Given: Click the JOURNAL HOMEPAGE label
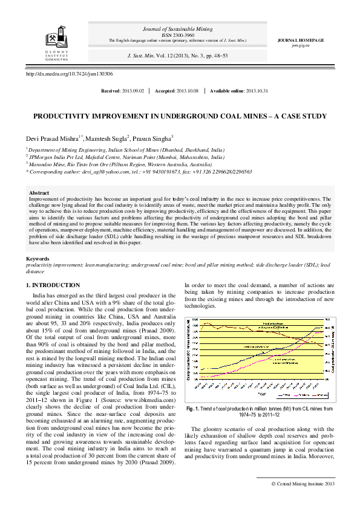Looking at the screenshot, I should pos(300,40).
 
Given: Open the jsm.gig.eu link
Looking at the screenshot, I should pos(300,45).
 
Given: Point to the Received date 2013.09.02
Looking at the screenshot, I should pos(133,91).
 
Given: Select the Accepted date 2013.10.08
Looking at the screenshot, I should pos(187,91).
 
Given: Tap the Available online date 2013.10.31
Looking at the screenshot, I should pos(257,91).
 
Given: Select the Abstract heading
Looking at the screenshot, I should pos(39,193).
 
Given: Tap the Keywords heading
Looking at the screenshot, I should pos(38,259).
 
